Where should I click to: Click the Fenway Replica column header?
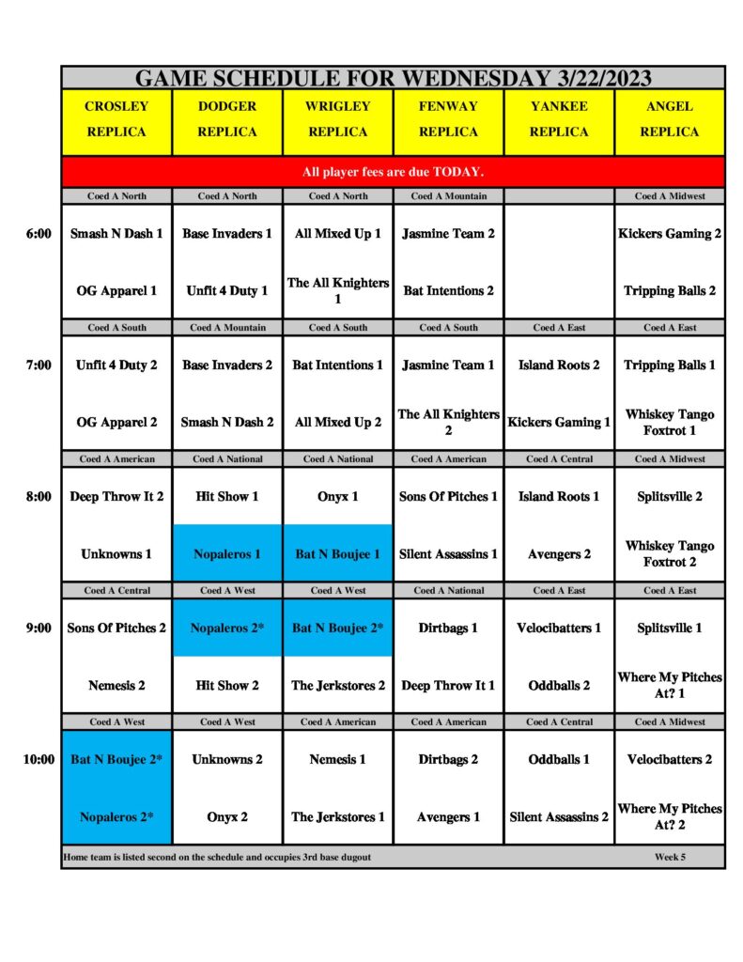(x=448, y=119)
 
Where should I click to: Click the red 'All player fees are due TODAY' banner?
(x=393, y=172)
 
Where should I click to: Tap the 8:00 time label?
(x=39, y=497)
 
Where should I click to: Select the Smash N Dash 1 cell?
(x=116, y=234)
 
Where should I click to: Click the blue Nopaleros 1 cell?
(x=227, y=554)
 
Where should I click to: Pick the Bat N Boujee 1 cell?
(x=337, y=554)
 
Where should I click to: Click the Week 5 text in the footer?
(x=670, y=857)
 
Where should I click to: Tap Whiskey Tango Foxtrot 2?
(x=669, y=553)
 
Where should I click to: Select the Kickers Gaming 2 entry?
(x=669, y=234)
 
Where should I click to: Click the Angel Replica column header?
(x=669, y=119)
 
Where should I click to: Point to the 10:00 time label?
(x=39, y=760)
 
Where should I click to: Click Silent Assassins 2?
(x=559, y=817)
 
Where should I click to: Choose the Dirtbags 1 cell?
(x=448, y=628)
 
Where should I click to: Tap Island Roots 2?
(x=559, y=365)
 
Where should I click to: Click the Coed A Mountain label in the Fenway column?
(x=448, y=196)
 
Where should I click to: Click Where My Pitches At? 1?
(x=669, y=685)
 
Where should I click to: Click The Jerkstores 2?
(x=337, y=686)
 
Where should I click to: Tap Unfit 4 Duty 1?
(x=227, y=291)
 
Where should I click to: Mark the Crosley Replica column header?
(x=116, y=119)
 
